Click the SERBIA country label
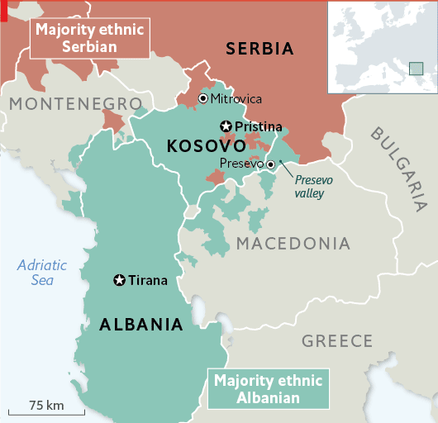tap(259, 50)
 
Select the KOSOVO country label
tap(201, 146)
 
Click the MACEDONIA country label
tap(293, 244)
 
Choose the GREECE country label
tap(337, 340)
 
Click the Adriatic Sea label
tap(43, 273)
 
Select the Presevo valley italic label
tap(310, 187)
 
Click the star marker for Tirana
tap(119, 281)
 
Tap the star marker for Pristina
tap(225, 126)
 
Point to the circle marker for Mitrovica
tap(203, 99)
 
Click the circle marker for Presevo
tap(269, 164)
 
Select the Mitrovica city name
tap(236, 99)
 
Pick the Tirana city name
tap(148, 281)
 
